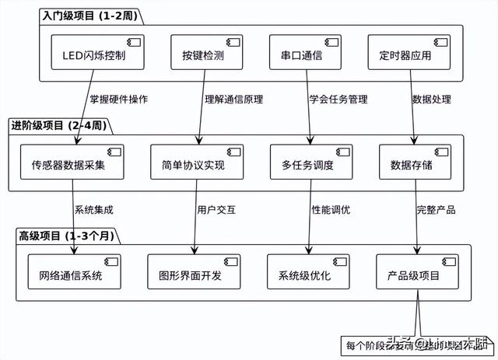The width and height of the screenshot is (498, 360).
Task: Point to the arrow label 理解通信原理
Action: [x=234, y=100]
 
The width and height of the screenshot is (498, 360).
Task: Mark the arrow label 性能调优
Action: [x=331, y=209]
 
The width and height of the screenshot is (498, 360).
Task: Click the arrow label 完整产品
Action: [x=436, y=209]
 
